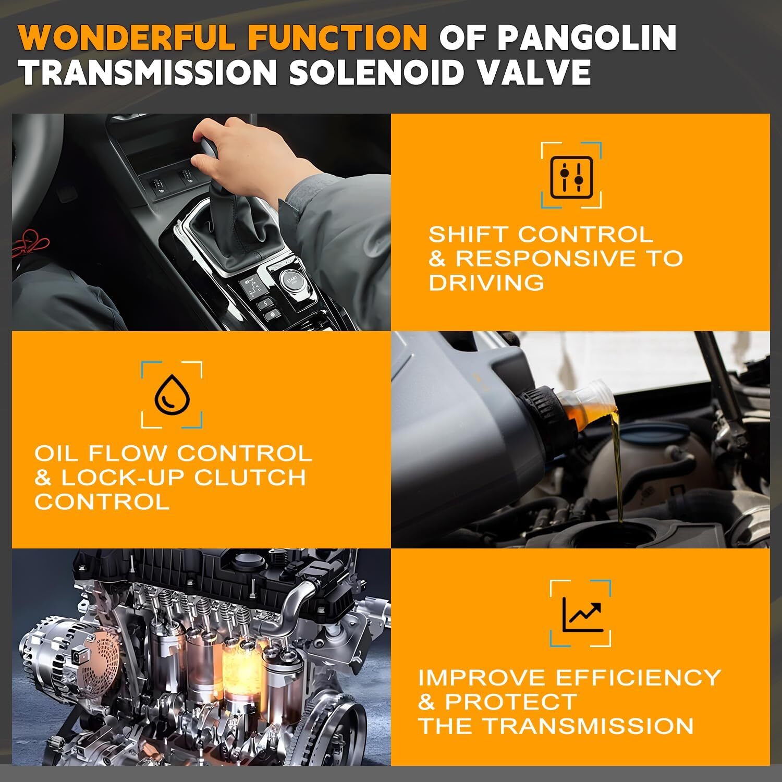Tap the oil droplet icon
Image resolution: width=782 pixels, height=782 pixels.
[x=172, y=394]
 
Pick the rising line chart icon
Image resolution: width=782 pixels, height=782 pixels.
[x=582, y=614]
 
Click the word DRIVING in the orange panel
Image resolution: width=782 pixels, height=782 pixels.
[x=486, y=283]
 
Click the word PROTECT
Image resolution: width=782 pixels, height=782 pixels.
[x=510, y=702]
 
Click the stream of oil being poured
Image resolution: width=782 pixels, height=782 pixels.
[x=618, y=469]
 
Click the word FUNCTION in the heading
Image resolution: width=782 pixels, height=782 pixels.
[x=338, y=36]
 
